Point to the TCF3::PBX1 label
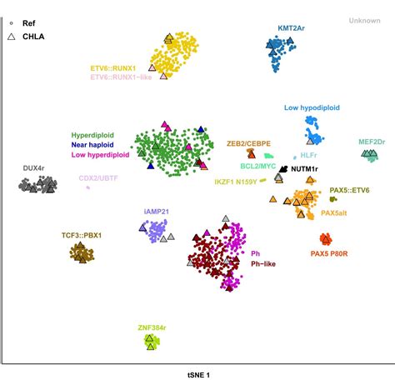(81, 235)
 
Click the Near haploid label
(92, 144)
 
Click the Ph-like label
(263, 263)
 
